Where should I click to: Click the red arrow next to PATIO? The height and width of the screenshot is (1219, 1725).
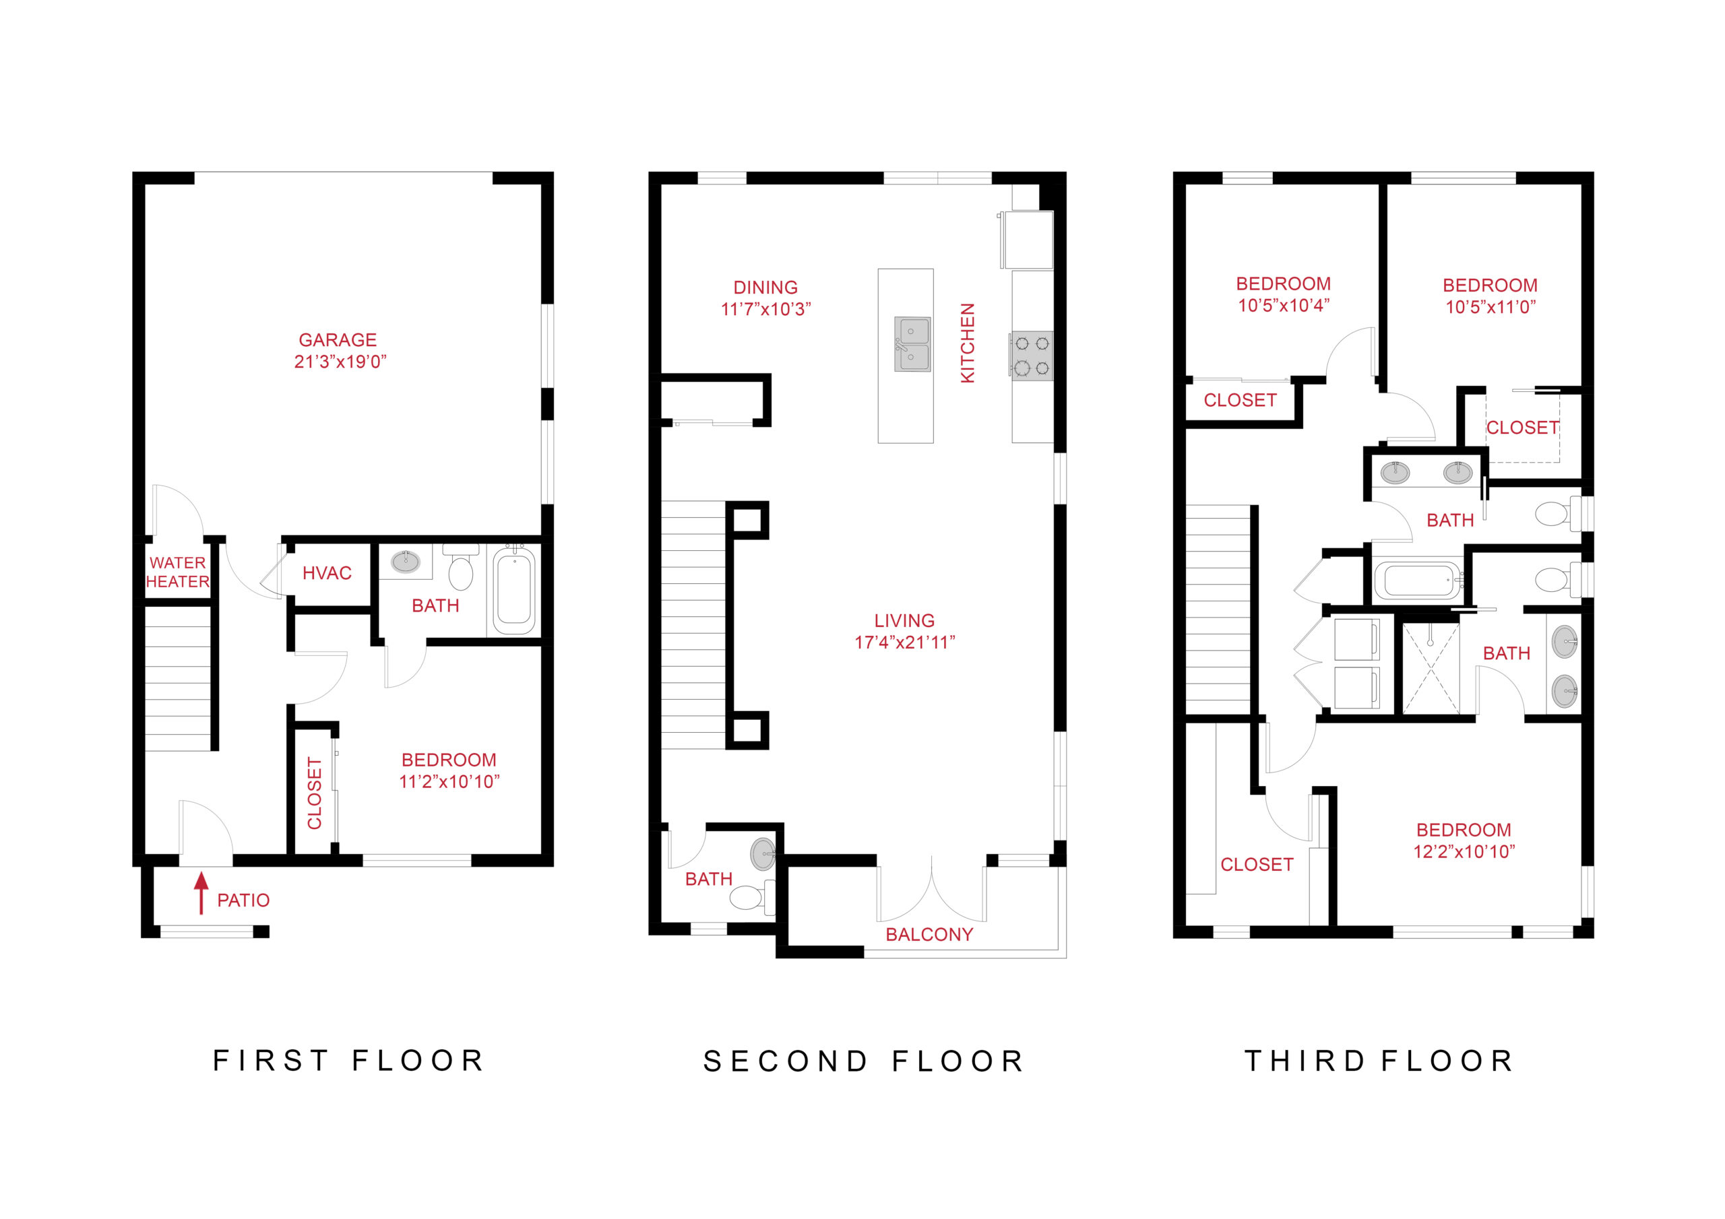[201, 892]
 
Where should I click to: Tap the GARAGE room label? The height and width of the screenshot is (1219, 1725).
[338, 340]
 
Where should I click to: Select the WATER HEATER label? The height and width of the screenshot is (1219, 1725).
[177, 572]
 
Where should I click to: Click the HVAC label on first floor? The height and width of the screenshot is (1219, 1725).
[327, 573]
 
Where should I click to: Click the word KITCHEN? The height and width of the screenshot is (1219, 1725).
[968, 343]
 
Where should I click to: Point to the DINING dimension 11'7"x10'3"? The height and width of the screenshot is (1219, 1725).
[765, 309]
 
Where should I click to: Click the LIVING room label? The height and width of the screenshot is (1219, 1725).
[904, 620]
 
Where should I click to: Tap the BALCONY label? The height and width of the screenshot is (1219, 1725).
[929, 934]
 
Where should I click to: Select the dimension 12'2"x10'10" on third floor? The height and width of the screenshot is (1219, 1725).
[1464, 852]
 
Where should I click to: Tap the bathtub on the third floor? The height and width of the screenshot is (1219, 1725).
[1417, 581]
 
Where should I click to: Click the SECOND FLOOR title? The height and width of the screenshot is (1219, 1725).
[863, 1061]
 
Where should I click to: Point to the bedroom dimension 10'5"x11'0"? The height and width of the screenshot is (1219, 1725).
[1490, 306]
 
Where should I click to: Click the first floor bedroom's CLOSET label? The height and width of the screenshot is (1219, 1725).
[314, 793]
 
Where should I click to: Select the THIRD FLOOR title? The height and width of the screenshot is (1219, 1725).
[1379, 1061]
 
